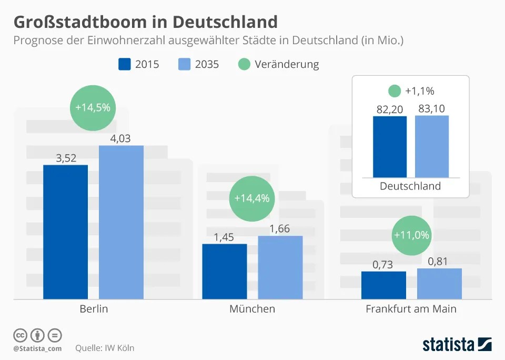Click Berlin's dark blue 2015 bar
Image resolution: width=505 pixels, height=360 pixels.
click(x=65, y=232)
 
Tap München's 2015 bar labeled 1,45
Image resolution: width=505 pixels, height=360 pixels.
click(x=224, y=272)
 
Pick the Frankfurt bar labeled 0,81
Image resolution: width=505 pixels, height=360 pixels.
click(x=439, y=284)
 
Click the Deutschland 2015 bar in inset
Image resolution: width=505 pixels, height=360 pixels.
click(x=390, y=147)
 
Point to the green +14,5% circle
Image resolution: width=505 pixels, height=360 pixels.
click(x=93, y=107)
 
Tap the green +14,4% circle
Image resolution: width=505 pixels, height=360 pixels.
click(x=251, y=198)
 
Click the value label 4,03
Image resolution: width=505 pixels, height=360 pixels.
click(x=120, y=139)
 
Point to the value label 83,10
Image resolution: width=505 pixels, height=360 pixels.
click(x=432, y=109)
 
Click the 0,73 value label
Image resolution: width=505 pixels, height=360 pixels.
click(x=383, y=265)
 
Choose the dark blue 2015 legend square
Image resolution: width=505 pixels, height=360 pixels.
click(x=125, y=64)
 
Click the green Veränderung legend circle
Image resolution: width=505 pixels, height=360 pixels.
click(x=244, y=64)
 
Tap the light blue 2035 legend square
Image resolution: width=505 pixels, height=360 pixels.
click(x=185, y=64)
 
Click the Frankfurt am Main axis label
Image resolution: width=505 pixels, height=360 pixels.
click(x=411, y=309)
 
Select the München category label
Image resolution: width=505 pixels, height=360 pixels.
click(x=252, y=309)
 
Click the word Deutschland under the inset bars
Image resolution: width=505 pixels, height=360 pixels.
click(x=410, y=186)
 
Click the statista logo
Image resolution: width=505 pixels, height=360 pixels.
click(x=457, y=345)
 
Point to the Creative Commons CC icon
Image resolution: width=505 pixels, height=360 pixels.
click(x=20, y=335)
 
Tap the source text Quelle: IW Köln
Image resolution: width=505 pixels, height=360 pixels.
click(x=105, y=348)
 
